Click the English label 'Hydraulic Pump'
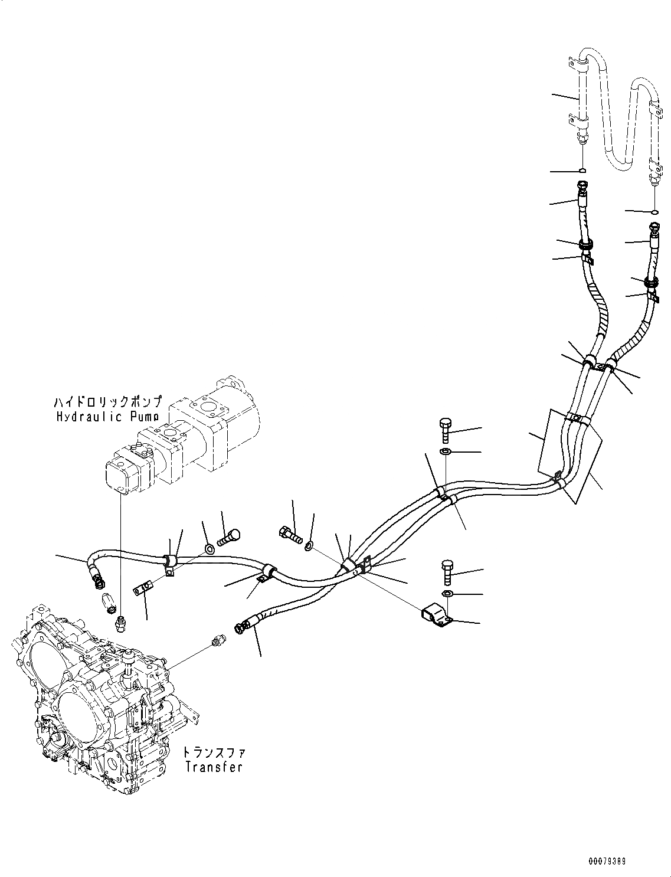(107, 417)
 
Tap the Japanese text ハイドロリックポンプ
(107, 402)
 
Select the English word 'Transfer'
(213, 767)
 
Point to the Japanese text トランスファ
(213, 752)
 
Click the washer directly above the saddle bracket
(447, 593)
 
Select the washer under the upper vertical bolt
(446, 452)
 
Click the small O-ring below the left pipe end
(582, 171)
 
